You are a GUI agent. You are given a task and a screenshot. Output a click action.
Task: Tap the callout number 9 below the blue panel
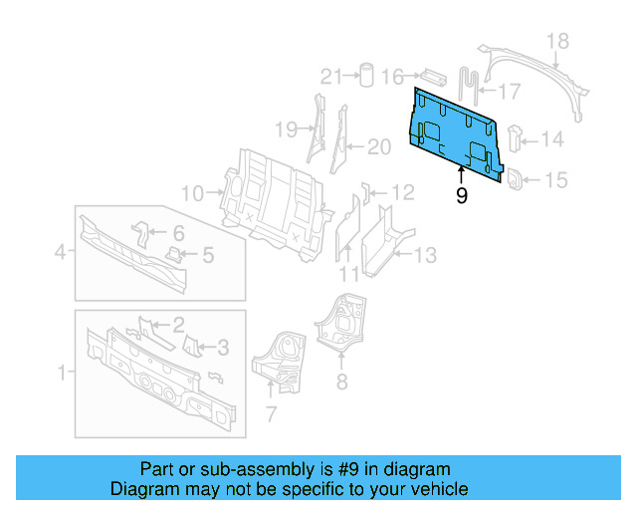pos(462,196)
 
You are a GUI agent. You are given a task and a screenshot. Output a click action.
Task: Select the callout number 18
pos(558,41)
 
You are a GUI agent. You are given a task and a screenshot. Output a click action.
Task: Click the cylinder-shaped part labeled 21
pos(366,76)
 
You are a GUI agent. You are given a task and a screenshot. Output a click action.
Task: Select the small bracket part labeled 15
pos(517,179)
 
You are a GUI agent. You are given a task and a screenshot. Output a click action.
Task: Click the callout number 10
pos(192,192)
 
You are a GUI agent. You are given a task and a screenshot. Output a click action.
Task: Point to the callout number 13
pos(425,256)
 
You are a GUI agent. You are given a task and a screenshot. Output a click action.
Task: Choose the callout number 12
pos(402,192)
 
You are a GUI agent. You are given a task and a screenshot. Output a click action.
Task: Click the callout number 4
pos(62,253)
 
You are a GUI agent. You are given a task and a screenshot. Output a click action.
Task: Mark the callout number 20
pos(379,147)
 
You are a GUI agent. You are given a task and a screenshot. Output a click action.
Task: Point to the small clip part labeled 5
pos(175,255)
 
